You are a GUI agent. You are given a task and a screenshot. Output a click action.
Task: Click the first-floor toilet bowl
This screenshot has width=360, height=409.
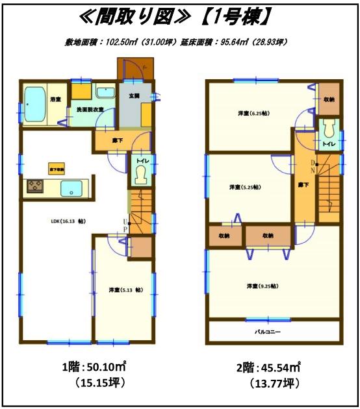click(x=140, y=173)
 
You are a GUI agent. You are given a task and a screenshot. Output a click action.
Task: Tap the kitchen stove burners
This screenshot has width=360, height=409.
click(x=34, y=188)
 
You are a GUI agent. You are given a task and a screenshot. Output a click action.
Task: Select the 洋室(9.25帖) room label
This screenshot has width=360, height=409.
click(x=262, y=286)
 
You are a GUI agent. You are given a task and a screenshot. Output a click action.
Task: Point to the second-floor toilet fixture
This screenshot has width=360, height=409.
click(x=329, y=127)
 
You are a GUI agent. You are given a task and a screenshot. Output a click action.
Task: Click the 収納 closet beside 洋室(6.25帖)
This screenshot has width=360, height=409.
click(x=329, y=99)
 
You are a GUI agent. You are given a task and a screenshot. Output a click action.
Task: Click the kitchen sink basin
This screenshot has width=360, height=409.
click(x=70, y=189)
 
